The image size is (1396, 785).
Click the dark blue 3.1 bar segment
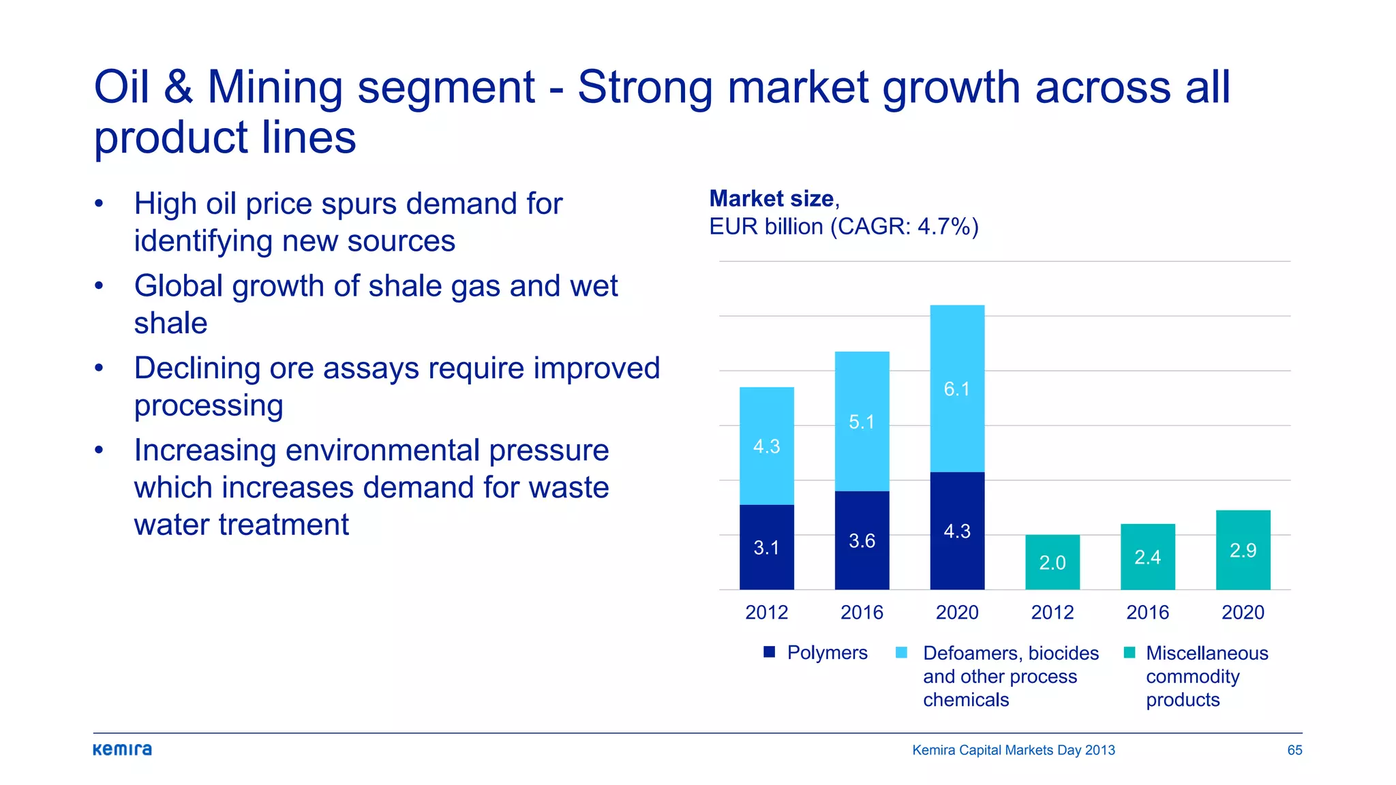(766, 547)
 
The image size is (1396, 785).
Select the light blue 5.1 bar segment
(862, 421)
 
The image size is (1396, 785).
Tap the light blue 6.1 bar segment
(957, 388)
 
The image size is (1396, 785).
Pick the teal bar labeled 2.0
(1052, 562)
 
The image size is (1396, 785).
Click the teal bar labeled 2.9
(1243, 549)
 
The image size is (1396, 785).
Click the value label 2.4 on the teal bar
(1147, 557)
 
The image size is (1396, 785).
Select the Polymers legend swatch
(770, 652)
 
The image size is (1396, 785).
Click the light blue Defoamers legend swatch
(901, 653)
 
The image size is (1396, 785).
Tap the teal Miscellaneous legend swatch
(1129, 653)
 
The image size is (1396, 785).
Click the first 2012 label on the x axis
(766, 612)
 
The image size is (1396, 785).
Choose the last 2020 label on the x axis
(1243, 612)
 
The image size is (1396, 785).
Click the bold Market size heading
(772, 198)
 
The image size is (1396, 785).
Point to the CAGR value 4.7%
(943, 226)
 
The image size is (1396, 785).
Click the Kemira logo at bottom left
(123, 750)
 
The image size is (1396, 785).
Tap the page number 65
(1294, 750)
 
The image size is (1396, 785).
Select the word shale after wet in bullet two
(170, 323)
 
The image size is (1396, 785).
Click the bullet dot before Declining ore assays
(100, 368)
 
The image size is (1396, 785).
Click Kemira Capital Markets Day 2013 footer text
(1013, 750)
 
